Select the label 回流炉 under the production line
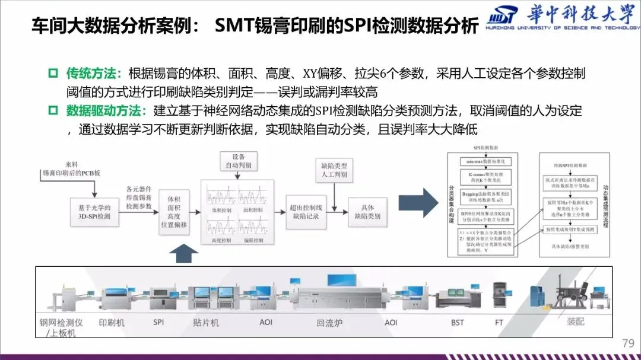329,323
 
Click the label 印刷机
112,323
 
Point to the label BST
457,323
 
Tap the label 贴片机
207,323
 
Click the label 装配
575,323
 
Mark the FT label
500,323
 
